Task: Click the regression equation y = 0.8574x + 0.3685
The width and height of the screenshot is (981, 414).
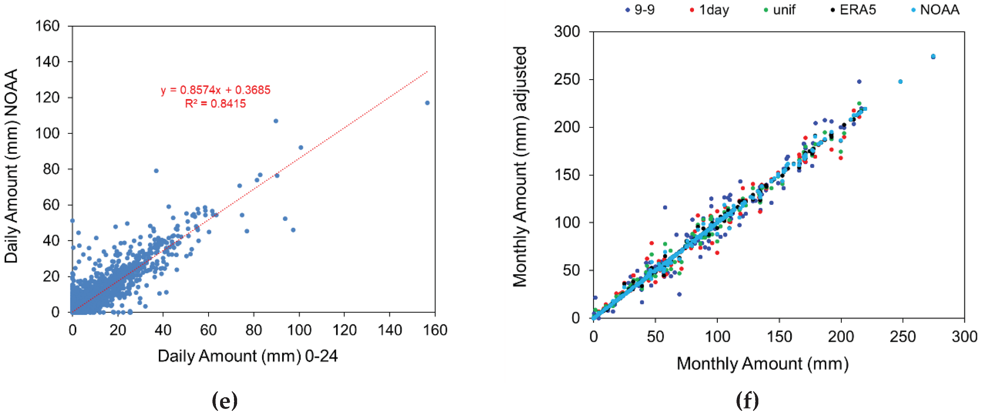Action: point(215,90)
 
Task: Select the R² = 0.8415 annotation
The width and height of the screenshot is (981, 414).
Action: point(215,104)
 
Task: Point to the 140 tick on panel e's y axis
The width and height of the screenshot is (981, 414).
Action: point(47,62)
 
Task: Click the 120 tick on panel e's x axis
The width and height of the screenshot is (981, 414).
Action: point(344,330)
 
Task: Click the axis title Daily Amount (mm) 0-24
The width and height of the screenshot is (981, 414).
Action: point(248,356)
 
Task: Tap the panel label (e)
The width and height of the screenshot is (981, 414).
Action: point(224,401)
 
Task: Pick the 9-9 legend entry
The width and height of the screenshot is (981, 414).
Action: point(640,10)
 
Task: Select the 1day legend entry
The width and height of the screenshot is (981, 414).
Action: point(709,10)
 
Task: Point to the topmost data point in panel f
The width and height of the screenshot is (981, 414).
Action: point(933,56)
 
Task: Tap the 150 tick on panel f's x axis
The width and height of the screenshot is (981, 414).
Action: point(779,337)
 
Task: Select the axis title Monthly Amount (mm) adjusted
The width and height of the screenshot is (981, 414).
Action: point(520,167)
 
